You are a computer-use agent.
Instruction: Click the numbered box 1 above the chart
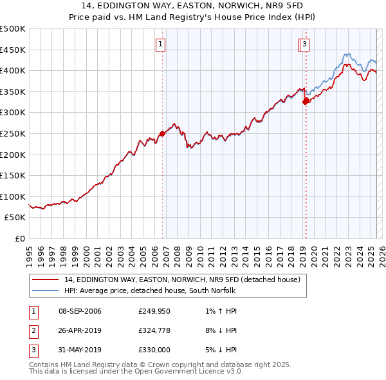160,44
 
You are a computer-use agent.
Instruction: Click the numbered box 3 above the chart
304,44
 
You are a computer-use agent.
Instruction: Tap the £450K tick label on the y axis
13,50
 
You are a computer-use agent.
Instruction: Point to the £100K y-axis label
13,196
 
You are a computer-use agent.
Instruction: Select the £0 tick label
20,238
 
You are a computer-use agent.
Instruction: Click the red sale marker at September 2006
162,133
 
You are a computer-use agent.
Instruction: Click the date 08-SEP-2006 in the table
80,312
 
